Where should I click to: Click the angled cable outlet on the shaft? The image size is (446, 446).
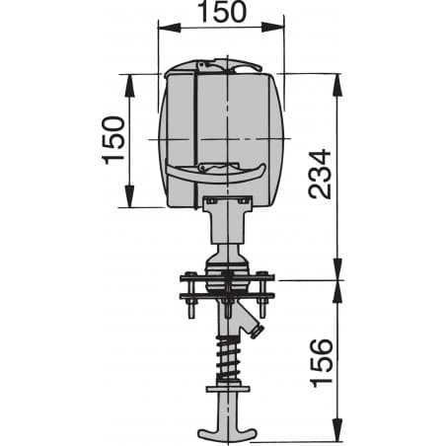(255, 324)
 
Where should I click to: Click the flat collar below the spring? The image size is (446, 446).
(225, 388)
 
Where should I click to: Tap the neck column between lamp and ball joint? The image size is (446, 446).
(225, 232)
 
